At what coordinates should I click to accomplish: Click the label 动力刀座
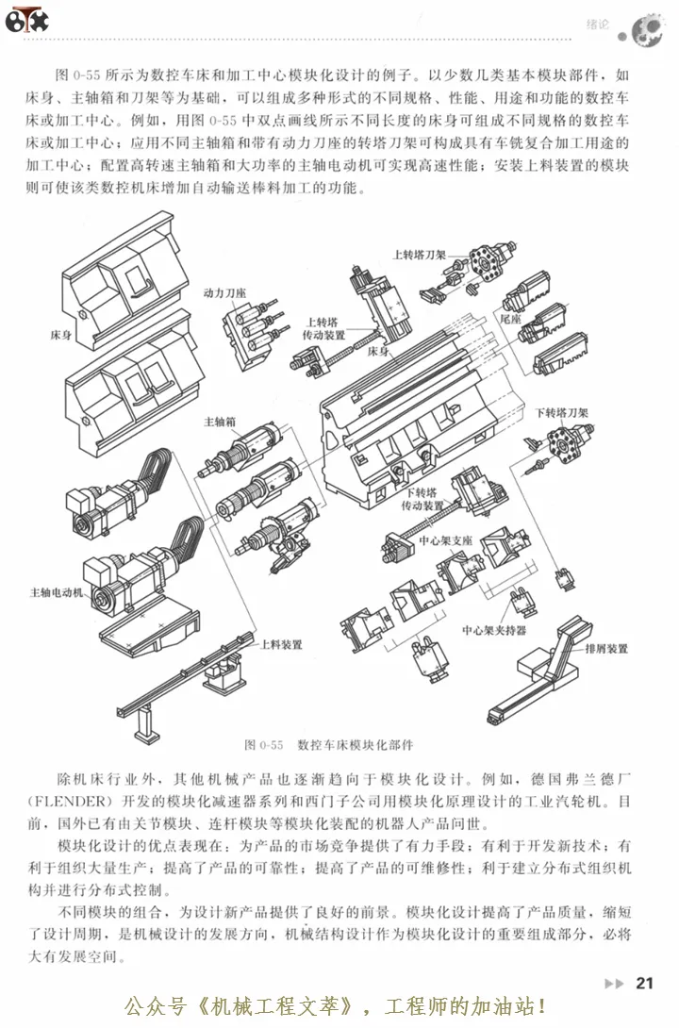(x=224, y=292)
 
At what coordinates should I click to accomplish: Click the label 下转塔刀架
(x=562, y=412)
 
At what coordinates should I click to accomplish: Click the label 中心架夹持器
(x=494, y=628)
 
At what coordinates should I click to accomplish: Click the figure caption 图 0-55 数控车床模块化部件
(x=329, y=743)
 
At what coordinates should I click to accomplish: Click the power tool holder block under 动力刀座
(x=250, y=335)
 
